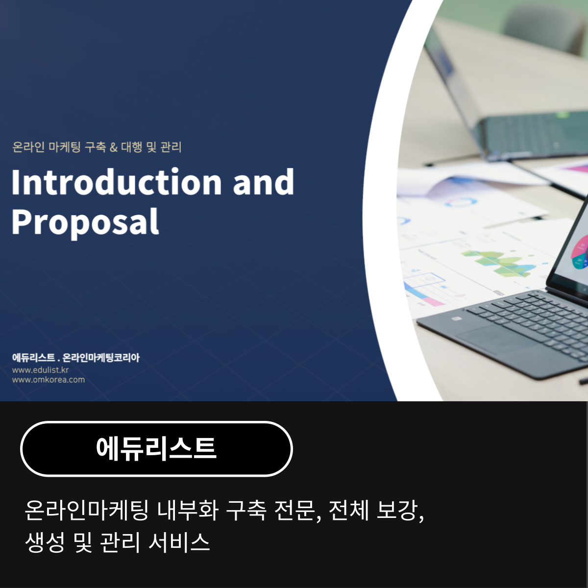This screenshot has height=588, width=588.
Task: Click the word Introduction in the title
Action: [x=117, y=182]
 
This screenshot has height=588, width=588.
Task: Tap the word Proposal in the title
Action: [x=85, y=221]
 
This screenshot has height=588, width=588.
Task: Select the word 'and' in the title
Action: [x=263, y=182]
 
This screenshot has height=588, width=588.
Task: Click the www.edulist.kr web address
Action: [x=40, y=370]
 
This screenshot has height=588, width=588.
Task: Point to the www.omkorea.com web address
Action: [x=49, y=380]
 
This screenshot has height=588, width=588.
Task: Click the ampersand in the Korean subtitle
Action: [x=114, y=147]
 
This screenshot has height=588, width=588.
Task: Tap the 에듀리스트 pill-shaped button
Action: [x=156, y=448]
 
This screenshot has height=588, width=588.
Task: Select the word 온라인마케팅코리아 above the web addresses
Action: [x=101, y=358]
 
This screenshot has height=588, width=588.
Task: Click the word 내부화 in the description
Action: [x=188, y=511]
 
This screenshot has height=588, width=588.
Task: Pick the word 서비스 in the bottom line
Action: [x=179, y=542]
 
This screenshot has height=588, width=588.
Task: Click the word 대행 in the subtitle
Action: [x=131, y=147]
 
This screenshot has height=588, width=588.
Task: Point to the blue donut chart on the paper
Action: [x=460, y=202]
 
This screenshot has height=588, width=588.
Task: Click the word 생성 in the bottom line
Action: [x=45, y=542]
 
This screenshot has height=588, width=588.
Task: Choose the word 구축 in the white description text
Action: [x=246, y=511]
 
